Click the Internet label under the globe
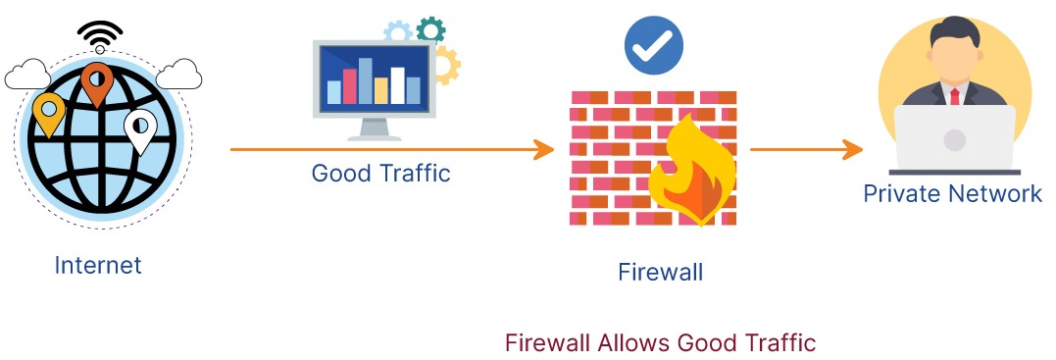98,265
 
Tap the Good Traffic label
380,174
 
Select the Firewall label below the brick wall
660,272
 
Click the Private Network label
952,193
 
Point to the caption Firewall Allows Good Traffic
660,343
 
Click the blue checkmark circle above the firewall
654,45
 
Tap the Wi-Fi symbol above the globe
100,35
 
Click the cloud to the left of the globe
27,73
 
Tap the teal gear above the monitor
430,28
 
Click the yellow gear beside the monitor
447,65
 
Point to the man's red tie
954,96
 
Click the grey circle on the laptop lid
954,139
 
